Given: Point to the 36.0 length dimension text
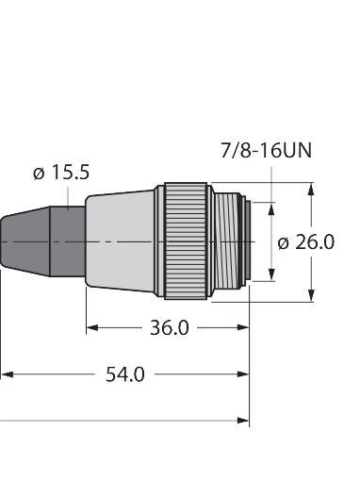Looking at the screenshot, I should [171, 328].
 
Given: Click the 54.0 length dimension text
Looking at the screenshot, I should [124, 374].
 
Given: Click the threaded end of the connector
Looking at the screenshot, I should [231, 242].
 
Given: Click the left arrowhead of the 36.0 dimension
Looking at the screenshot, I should [91, 328].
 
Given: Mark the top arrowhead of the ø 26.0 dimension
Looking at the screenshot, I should [311, 188].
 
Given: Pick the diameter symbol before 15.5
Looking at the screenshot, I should [39, 174].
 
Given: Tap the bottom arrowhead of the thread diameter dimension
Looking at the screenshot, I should [272, 276].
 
